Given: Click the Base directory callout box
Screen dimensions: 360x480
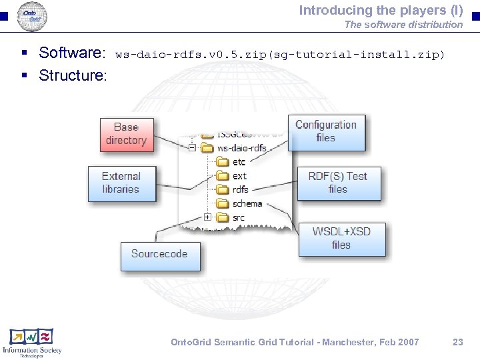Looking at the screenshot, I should pyautogui.click(x=126, y=134).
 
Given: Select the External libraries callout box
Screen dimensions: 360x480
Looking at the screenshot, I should pyautogui.click(x=121, y=183).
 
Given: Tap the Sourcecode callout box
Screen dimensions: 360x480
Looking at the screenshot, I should pyautogui.click(x=159, y=255).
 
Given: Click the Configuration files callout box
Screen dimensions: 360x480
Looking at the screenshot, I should pyautogui.click(x=326, y=132).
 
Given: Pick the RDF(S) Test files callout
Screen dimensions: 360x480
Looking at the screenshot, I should pyautogui.click(x=338, y=183).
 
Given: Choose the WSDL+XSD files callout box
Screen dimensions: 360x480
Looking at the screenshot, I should pyautogui.click(x=341, y=239).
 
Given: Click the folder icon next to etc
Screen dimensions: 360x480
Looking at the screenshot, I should pyautogui.click(x=223, y=162).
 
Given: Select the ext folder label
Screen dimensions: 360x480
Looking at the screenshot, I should pyautogui.click(x=239, y=176).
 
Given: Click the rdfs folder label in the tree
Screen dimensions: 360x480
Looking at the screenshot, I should pyautogui.click(x=240, y=189).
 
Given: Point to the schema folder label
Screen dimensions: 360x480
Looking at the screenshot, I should pyautogui.click(x=247, y=203).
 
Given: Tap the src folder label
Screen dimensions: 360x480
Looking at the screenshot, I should pyautogui.click(x=239, y=217).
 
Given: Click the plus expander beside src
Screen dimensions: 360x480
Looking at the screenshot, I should pyautogui.click(x=208, y=217).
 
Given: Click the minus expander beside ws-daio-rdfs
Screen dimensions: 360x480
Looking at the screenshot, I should pyautogui.click(x=192, y=148).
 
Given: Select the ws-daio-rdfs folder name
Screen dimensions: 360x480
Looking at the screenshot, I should pyautogui.click(x=241, y=148).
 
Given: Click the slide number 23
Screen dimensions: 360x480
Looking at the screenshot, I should pyautogui.click(x=457, y=342).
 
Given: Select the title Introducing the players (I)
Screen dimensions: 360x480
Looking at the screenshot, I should pyautogui.click(x=381, y=10).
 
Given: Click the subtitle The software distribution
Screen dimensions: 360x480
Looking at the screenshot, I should pyautogui.click(x=403, y=25).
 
